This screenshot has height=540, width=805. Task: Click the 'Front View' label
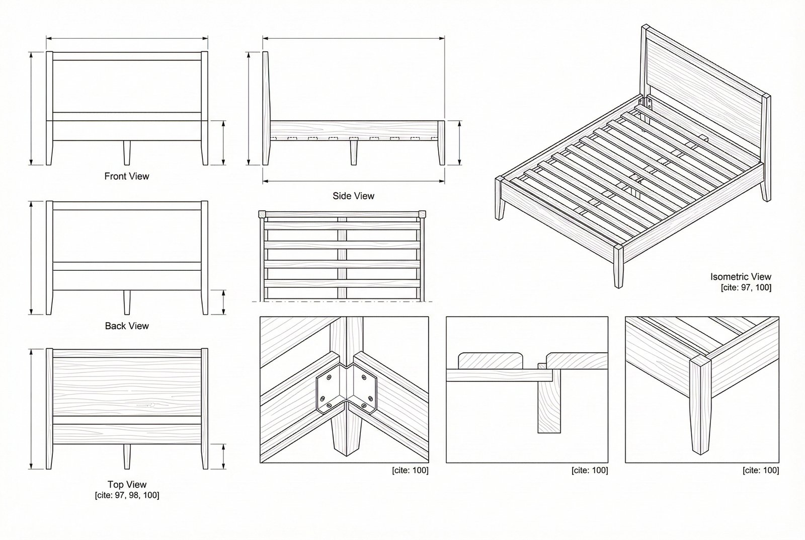tap(127, 176)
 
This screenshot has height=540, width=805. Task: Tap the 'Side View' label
tap(353, 196)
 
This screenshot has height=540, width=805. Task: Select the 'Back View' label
tap(127, 326)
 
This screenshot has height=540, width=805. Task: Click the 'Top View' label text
tap(127, 484)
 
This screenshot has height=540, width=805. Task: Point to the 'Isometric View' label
tap(741, 276)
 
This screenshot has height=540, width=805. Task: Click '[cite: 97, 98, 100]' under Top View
tap(127, 495)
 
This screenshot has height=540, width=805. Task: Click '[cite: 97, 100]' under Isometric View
tap(746, 287)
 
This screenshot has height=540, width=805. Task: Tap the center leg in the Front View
tap(127, 152)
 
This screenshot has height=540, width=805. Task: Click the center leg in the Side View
tap(354, 152)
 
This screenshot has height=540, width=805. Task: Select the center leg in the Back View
tap(127, 302)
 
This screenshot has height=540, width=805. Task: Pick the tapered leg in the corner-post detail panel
tap(697, 403)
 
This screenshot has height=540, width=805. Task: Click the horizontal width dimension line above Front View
tap(127, 38)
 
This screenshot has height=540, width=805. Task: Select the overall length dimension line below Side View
tap(353, 181)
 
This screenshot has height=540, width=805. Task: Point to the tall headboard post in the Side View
tap(265, 108)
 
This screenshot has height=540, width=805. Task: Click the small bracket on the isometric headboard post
tap(650, 104)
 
